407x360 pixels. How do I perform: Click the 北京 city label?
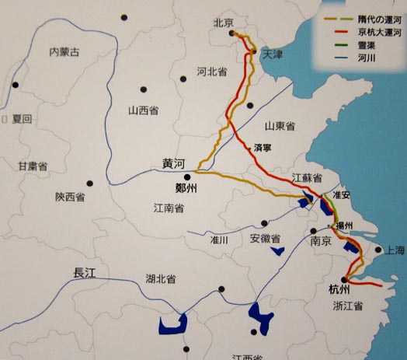pos(224,23)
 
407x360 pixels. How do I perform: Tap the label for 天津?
pos(273,55)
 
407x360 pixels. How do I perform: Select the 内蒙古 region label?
pos(64,53)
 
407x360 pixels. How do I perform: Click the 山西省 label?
pos(143,111)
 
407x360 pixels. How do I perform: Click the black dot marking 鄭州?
pos(186,178)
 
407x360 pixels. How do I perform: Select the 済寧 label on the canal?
pos(262,146)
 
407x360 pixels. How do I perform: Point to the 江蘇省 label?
pos(306,178)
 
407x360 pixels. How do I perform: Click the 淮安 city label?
pos(341,194)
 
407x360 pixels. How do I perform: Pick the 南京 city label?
pos(322,242)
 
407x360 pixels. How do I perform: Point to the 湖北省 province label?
pos(160,279)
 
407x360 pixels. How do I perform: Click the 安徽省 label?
pos(265,238)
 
